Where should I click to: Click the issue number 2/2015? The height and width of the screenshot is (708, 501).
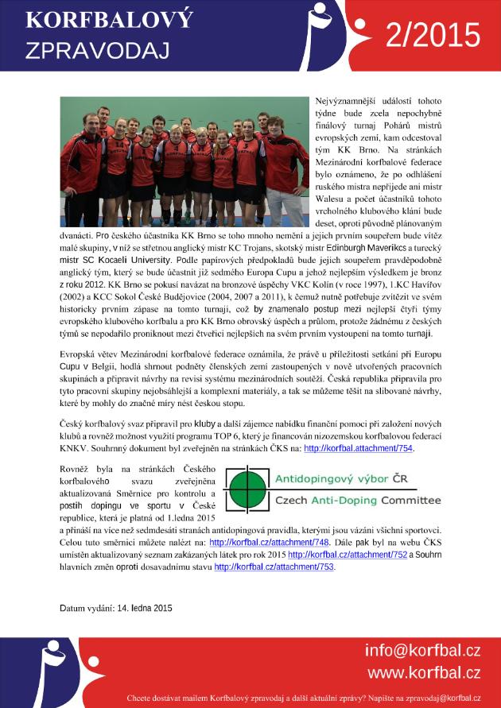click(x=433, y=36)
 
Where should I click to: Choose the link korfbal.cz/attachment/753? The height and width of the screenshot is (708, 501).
click(x=274, y=567)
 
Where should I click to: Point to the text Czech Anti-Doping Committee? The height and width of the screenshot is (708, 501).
click(x=357, y=501)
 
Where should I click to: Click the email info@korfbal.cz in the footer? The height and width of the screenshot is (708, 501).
click(x=422, y=651)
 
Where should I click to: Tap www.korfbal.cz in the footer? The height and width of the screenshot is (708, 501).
click(x=423, y=672)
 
